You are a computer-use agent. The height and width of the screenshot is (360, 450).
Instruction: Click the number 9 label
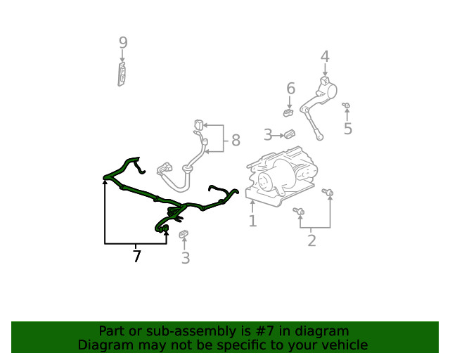pyautogui.click(x=123, y=43)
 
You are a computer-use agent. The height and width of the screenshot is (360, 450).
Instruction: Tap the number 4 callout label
pyautogui.click(x=325, y=56)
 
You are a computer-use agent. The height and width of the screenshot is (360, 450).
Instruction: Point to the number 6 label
pyautogui.click(x=290, y=88)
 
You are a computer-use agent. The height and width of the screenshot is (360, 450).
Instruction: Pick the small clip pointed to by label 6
pyautogui.click(x=288, y=112)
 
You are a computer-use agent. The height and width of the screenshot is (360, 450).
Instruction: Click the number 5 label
pyautogui.click(x=347, y=129)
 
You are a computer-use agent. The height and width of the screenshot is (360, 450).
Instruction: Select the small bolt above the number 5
pyautogui.click(x=347, y=106)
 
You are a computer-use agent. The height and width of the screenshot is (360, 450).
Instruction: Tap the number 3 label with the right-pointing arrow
pyautogui.click(x=268, y=134)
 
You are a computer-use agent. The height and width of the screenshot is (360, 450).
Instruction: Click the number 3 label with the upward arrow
pyautogui.click(x=185, y=258)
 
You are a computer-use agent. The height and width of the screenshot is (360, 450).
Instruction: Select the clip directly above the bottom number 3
pyautogui.click(x=184, y=234)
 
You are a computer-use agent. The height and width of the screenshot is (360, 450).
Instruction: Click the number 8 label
pyautogui.click(x=236, y=142)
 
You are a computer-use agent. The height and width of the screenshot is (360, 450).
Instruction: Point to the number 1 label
pyautogui.click(x=252, y=221)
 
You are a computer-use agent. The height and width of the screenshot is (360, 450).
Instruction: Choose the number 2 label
pyautogui.click(x=311, y=241)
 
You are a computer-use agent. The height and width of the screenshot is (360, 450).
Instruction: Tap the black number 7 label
pyautogui.click(x=136, y=257)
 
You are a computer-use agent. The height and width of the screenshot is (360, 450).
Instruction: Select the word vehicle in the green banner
pyautogui.click(x=344, y=345)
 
